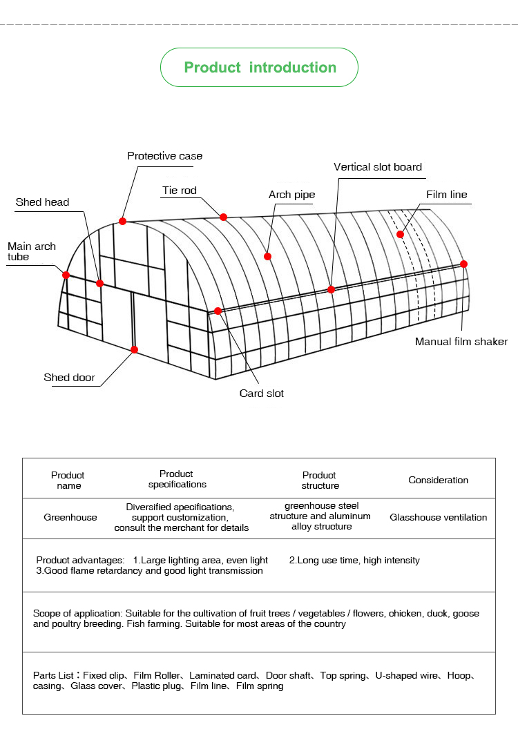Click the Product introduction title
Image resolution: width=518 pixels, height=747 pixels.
260,68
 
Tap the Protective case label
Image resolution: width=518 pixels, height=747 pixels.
164,156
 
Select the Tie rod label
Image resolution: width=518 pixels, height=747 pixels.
180,191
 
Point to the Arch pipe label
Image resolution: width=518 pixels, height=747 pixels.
291,195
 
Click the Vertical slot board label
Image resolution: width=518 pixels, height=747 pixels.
377,167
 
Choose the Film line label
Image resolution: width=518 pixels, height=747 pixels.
446,195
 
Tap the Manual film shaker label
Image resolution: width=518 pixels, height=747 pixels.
461,342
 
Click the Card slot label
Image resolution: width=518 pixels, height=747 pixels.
261,394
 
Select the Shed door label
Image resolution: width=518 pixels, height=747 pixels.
69,378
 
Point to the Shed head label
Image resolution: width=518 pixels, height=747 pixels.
42,202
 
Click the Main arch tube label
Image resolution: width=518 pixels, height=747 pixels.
31,251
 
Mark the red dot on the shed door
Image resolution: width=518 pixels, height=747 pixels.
134,349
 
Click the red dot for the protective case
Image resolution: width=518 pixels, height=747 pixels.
122,221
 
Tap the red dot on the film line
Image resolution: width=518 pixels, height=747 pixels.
400,234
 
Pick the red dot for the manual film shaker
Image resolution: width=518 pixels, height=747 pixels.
463,264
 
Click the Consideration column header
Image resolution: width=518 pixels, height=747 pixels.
438,480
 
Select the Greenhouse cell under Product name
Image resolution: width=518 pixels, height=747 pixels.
70,517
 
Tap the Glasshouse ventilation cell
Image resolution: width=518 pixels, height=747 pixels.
438,517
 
